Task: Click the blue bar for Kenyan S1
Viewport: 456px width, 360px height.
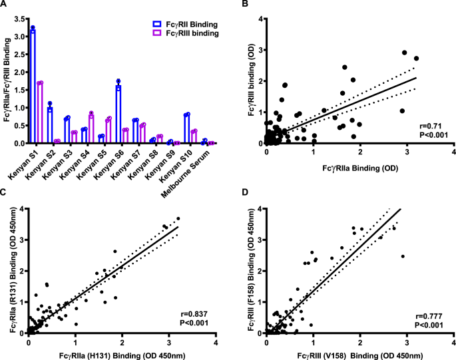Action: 33,87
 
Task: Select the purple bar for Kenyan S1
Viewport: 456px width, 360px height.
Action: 40,113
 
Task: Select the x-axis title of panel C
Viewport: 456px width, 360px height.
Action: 122,353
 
